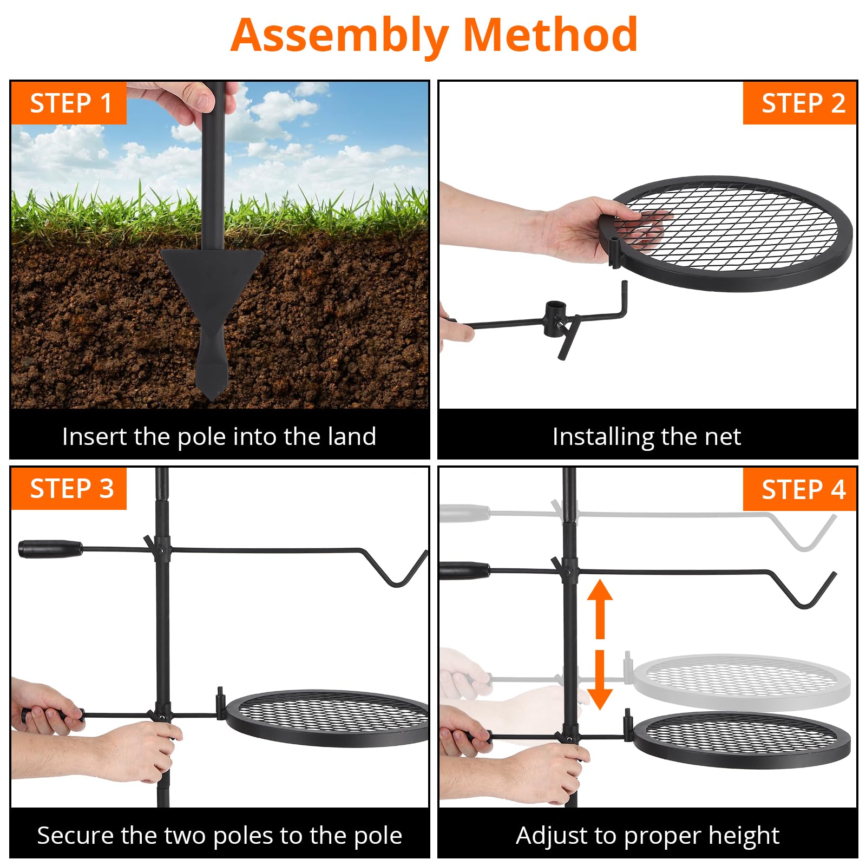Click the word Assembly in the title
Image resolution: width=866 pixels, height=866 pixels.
340,36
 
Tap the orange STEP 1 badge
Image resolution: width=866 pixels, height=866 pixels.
69,103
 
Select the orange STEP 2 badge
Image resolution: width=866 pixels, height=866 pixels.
800,103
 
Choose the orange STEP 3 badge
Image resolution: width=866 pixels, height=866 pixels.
69,489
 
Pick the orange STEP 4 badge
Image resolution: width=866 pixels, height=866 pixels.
800,489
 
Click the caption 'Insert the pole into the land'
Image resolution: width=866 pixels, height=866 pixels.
219,436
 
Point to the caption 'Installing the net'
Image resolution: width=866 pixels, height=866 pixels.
647,436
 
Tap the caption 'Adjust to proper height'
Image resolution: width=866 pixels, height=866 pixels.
647,835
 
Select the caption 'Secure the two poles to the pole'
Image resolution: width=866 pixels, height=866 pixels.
219,835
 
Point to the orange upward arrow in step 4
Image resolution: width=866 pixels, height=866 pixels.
600,608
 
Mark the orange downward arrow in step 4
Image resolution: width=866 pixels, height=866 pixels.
600,680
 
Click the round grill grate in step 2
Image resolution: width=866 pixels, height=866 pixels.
728,233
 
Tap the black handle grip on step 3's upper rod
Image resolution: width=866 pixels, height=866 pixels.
50,548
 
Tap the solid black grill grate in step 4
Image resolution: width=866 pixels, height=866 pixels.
742,739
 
